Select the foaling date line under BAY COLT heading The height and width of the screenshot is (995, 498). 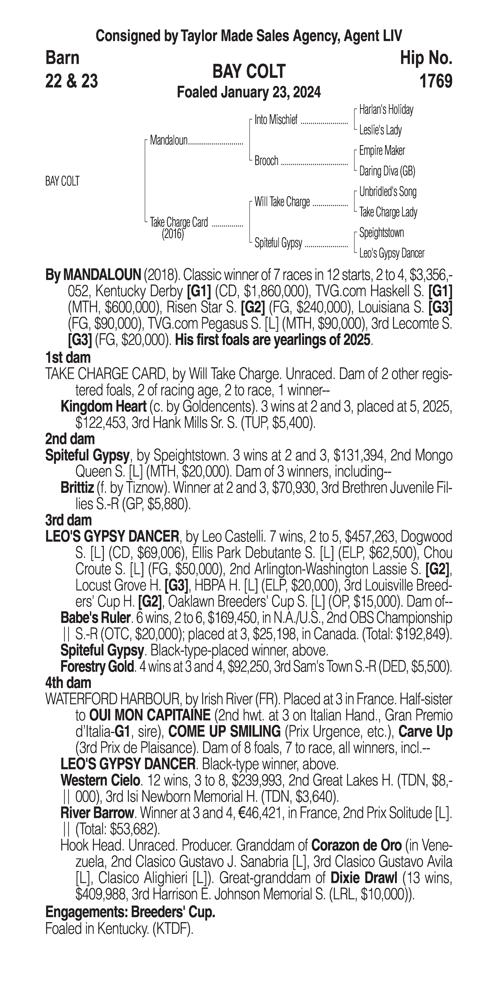[x=249, y=93]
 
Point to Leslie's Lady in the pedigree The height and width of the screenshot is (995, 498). [x=380, y=130]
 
